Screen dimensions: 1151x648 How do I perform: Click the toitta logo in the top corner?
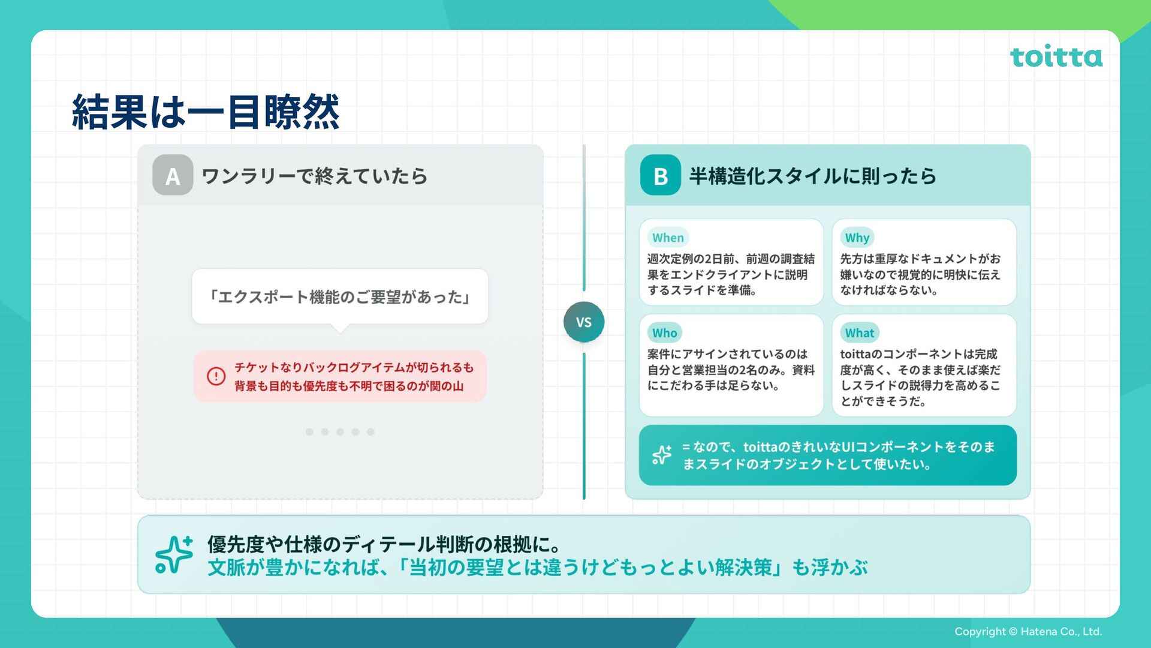pyautogui.click(x=1056, y=56)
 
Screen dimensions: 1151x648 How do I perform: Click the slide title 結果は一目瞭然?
pyautogui.click(x=206, y=112)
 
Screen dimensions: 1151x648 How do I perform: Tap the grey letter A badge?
pyautogui.click(x=173, y=175)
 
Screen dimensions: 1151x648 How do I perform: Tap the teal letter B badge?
pyautogui.click(x=660, y=175)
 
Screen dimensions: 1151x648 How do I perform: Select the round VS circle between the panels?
pyautogui.click(x=583, y=322)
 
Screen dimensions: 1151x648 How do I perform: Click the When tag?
pyautogui.click(x=668, y=238)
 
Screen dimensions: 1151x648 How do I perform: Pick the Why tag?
pyautogui.click(x=857, y=238)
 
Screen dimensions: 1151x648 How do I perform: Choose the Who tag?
pyautogui.click(x=664, y=333)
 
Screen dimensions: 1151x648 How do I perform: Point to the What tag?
pyautogui.click(x=859, y=333)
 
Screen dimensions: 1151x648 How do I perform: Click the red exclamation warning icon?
pyautogui.click(x=216, y=376)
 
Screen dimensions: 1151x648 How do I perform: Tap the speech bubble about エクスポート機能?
pyautogui.click(x=340, y=297)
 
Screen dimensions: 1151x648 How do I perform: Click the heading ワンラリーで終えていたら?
pyautogui.click(x=314, y=176)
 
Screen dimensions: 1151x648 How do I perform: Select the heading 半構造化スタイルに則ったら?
pyautogui.click(x=812, y=176)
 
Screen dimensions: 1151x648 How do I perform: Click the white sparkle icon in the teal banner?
pyautogui.click(x=662, y=455)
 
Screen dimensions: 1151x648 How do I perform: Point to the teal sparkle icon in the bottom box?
pyautogui.click(x=174, y=554)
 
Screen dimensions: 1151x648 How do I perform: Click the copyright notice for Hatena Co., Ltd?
pyautogui.click(x=1028, y=631)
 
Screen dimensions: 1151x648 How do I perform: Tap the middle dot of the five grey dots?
pyautogui.click(x=340, y=432)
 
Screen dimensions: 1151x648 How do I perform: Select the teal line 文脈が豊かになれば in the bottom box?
pyautogui.click(x=537, y=568)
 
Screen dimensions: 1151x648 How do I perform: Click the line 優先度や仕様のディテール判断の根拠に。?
pyautogui.click(x=384, y=544)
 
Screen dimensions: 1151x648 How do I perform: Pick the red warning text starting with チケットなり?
pyautogui.click(x=353, y=376)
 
